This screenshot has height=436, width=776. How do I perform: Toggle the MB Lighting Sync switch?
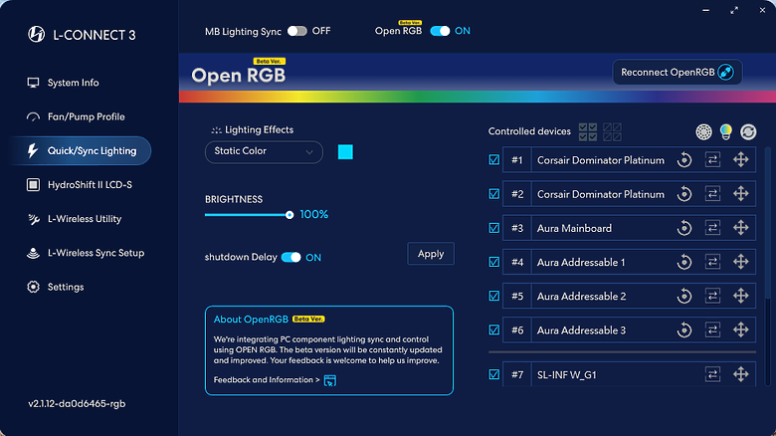pos(296,31)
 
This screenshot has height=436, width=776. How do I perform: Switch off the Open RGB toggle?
pos(440,31)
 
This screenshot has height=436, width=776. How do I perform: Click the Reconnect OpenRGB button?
pos(678,73)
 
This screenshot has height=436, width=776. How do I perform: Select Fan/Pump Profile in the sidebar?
pos(76,116)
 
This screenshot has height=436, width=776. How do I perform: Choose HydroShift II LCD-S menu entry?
pos(80,185)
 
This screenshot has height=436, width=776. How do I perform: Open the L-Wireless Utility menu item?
pos(75,219)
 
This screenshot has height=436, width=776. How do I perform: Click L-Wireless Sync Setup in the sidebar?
pos(86,253)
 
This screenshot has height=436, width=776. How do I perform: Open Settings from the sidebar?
pos(56,287)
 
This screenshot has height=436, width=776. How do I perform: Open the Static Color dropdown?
pos(264,151)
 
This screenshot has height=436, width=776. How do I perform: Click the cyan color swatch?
pos(345,151)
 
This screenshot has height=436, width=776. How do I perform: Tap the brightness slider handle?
pos(290,215)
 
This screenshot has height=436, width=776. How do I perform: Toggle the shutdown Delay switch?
pos(291,258)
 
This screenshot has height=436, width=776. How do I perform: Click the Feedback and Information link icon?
pos(329,380)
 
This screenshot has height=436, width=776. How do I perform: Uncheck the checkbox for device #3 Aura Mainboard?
pos(493,228)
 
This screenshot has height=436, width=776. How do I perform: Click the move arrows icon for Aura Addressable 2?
pos(740,296)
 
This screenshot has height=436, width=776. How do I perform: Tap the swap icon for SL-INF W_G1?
pos(712,374)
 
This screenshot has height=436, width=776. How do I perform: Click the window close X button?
pos(762,10)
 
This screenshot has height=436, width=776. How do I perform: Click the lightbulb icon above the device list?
pos(725,131)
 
